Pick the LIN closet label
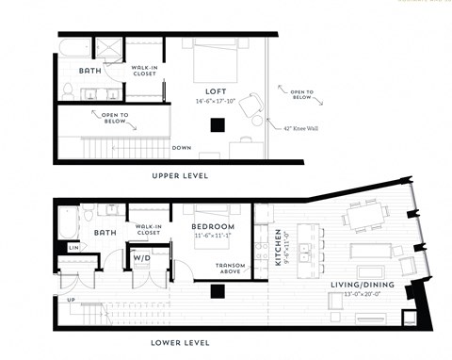point(73,247)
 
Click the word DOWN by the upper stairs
point(183,147)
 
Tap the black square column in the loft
point(218,123)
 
